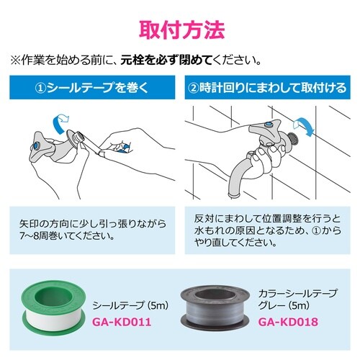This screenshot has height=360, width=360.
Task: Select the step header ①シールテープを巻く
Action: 93,90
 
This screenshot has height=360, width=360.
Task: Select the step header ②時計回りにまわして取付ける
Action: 267,90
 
